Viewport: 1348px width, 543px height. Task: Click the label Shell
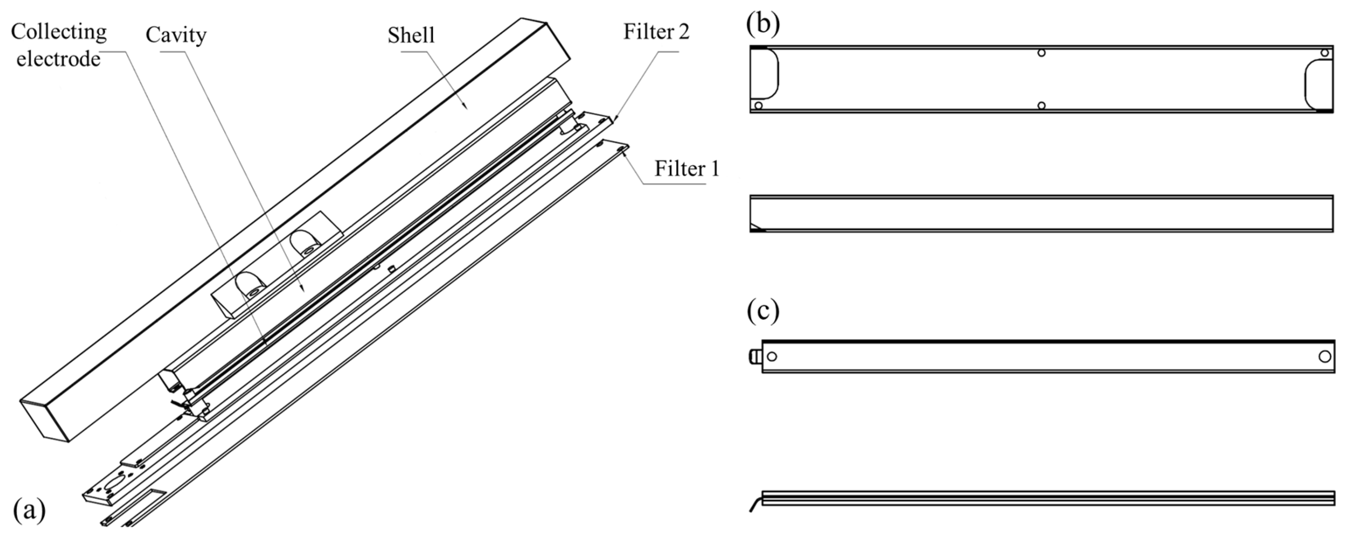[411, 35]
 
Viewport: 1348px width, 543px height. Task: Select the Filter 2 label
[656, 32]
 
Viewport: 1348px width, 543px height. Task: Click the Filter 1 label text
[686, 169]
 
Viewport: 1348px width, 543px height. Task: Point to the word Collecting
[59, 32]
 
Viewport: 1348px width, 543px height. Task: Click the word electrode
[58, 59]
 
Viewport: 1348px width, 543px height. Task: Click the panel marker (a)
[29, 510]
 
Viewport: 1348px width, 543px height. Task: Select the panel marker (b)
[762, 24]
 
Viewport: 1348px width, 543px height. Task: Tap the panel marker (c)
[762, 311]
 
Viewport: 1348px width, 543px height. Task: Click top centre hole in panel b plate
[1041, 53]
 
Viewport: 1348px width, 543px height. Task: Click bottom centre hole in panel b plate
[1041, 106]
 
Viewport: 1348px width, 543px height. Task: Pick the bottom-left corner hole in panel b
[758, 106]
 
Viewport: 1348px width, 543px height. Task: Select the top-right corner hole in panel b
[1324, 53]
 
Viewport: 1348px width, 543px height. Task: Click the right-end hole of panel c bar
[1324, 356]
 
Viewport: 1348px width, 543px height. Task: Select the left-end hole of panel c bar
[771, 356]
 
